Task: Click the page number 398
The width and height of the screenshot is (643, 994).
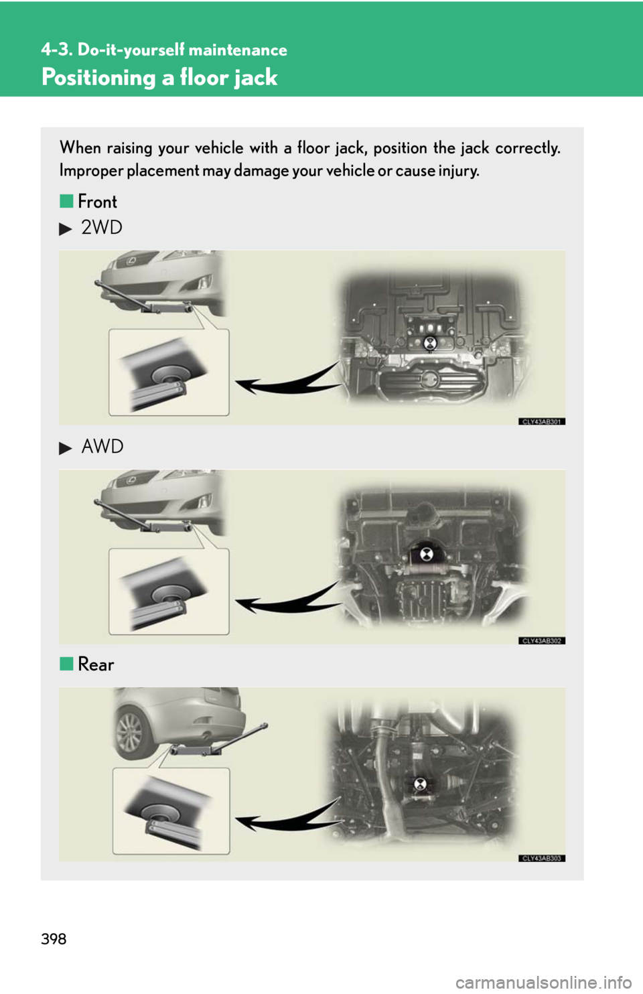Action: pyautogui.click(x=54, y=939)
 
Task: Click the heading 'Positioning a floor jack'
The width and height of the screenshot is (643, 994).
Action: pyautogui.click(x=159, y=78)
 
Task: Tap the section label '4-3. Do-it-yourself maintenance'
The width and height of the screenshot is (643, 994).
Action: pyautogui.click(x=164, y=50)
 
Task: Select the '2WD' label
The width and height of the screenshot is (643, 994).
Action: pyautogui.click(x=102, y=228)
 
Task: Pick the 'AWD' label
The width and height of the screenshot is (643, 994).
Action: pyautogui.click(x=102, y=446)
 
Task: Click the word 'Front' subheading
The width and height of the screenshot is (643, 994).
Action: pyautogui.click(x=98, y=202)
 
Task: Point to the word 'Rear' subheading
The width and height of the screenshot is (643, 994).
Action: pyautogui.click(x=96, y=664)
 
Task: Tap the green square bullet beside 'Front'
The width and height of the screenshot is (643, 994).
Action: pyautogui.click(x=66, y=202)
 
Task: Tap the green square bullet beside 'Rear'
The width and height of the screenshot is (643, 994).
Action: pyautogui.click(x=66, y=664)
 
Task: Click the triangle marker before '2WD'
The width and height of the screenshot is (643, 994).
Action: pyautogui.click(x=65, y=230)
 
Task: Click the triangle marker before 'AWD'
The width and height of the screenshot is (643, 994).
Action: pyautogui.click(x=65, y=448)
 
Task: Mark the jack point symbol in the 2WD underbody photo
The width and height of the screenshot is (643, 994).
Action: pyautogui.click(x=429, y=342)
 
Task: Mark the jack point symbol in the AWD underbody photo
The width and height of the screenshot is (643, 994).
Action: pyautogui.click(x=427, y=554)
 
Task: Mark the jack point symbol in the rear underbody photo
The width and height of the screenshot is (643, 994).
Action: pyautogui.click(x=420, y=784)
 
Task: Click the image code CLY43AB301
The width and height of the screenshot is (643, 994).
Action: pyautogui.click(x=542, y=421)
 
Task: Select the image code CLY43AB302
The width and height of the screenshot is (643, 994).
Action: pyautogui.click(x=542, y=641)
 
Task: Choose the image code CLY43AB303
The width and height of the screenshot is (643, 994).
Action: pyautogui.click(x=542, y=859)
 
